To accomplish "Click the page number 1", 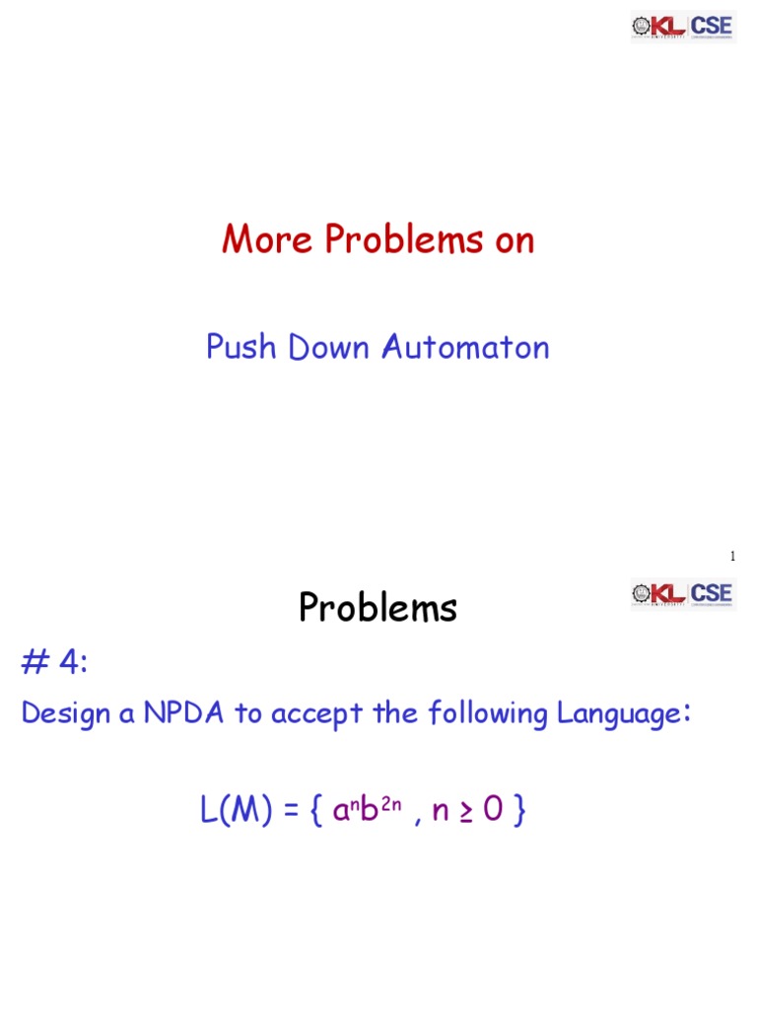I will (x=732, y=557).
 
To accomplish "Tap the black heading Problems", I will (x=378, y=609).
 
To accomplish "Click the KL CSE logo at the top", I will (x=683, y=27).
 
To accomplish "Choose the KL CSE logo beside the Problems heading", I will (x=683, y=594).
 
